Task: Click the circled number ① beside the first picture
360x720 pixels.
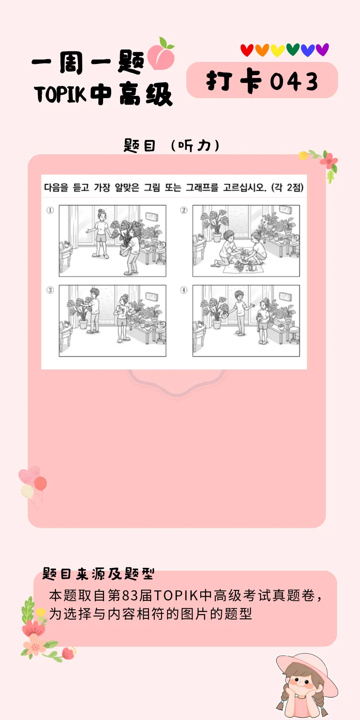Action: [x=50, y=210]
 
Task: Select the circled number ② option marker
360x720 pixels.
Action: [x=184, y=210]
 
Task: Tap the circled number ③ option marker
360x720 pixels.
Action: [x=50, y=290]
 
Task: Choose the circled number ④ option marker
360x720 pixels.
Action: [x=184, y=290]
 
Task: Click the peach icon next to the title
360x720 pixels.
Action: [x=161, y=55]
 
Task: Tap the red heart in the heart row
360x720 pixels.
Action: [x=247, y=50]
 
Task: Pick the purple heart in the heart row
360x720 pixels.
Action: [x=322, y=49]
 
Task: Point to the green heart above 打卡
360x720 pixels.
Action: [x=292, y=49]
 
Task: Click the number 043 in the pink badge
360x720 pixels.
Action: [x=294, y=82]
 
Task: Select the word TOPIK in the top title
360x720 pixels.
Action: [x=60, y=94]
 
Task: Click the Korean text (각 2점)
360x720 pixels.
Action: [x=288, y=188]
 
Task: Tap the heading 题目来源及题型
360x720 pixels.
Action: [x=98, y=574]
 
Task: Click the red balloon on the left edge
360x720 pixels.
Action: [x=40, y=484]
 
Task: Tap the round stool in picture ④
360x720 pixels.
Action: [x=294, y=332]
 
